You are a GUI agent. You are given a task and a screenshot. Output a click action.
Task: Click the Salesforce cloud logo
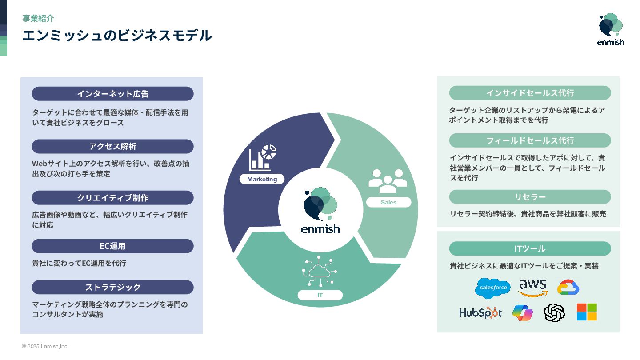pyautogui.click(x=493, y=288)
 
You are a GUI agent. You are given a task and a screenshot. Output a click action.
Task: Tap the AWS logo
pyautogui.click(x=532, y=288)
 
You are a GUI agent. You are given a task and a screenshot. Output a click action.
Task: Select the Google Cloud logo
pyautogui.click(x=568, y=287)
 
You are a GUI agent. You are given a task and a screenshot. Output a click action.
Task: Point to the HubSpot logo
pyautogui.click(x=480, y=312)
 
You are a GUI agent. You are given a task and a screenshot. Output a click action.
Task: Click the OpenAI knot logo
pyautogui.click(x=554, y=312)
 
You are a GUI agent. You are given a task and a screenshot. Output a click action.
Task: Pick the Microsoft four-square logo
pyautogui.click(x=587, y=312)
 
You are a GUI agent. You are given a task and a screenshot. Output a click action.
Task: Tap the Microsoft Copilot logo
pyautogui.click(x=522, y=312)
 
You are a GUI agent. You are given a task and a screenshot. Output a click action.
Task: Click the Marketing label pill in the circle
pyautogui.click(x=262, y=179)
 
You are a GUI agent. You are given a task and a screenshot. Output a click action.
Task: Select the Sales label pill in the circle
pyautogui.click(x=388, y=202)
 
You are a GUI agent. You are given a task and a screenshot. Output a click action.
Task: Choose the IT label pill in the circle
pyautogui.click(x=320, y=295)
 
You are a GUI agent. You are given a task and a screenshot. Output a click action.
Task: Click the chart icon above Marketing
pyautogui.click(x=262, y=158)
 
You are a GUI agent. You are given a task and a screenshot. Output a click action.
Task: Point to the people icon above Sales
pyautogui.click(x=388, y=180)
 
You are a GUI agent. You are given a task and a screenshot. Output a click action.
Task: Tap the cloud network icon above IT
pyautogui.click(x=319, y=272)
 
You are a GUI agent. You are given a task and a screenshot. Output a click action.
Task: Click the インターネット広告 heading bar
pyautogui.click(x=112, y=94)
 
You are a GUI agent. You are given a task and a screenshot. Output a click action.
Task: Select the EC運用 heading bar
pyautogui.click(x=112, y=246)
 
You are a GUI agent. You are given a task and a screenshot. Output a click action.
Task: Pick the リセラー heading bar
pyautogui.click(x=530, y=197)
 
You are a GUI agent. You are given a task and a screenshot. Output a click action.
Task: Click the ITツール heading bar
pyautogui.click(x=530, y=248)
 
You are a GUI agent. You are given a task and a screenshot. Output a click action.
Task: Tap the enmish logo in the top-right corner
pyautogui.click(x=610, y=29)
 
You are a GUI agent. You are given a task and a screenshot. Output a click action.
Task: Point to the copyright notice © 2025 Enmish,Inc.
pyautogui.click(x=45, y=346)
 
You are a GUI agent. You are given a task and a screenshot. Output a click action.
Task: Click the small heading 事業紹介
pyautogui.click(x=38, y=18)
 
